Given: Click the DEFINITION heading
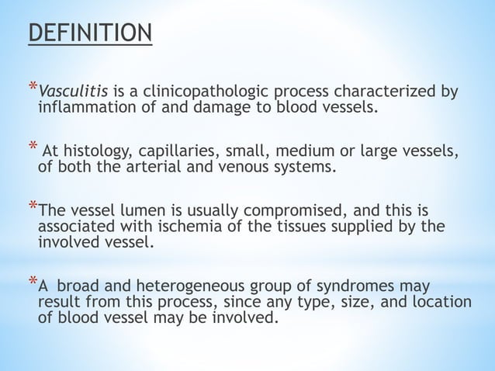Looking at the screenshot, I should point(90,35).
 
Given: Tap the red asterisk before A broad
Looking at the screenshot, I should point(32,283).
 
